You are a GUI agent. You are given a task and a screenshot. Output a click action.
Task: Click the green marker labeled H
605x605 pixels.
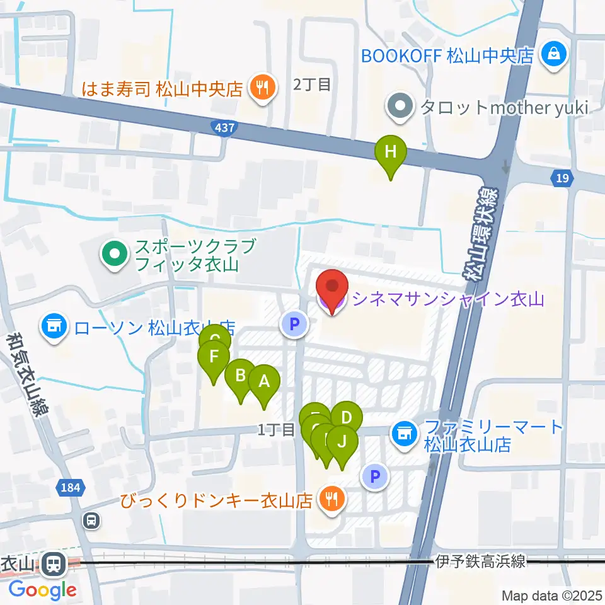pyautogui.click(x=391, y=152)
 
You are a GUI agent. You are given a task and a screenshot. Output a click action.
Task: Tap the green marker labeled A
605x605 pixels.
pyautogui.click(x=264, y=381)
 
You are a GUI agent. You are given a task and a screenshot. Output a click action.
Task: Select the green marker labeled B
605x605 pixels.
pyautogui.click(x=240, y=376)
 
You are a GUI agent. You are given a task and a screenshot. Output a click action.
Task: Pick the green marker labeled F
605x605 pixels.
pyautogui.click(x=214, y=357)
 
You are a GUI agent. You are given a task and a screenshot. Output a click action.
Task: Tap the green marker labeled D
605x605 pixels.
pyautogui.click(x=346, y=417)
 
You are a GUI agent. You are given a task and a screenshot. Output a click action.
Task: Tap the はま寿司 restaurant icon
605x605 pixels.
pyautogui.click(x=260, y=88)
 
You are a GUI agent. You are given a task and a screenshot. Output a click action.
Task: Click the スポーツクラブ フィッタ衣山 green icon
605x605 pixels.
pyautogui.click(x=114, y=255)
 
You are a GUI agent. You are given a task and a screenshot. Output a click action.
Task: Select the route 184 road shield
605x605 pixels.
pyautogui.click(x=71, y=487)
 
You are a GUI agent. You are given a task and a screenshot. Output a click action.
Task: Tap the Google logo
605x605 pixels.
pyautogui.click(x=42, y=590)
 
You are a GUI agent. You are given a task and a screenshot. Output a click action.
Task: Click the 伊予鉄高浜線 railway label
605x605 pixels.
pyautogui.click(x=480, y=562)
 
